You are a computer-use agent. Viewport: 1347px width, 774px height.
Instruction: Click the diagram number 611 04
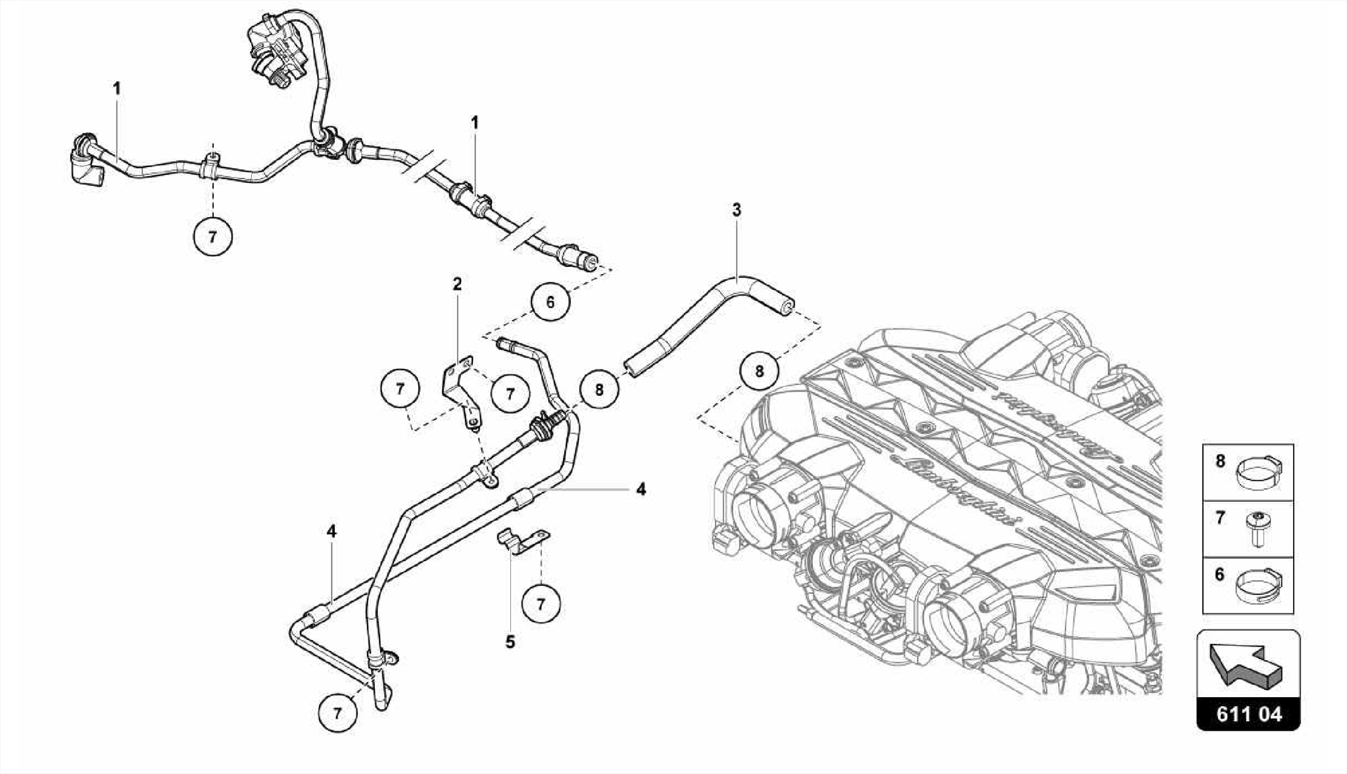tap(1248, 714)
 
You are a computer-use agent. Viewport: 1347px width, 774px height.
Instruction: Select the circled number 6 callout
tap(550, 302)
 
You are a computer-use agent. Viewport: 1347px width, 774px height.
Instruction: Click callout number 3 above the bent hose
tap(736, 210)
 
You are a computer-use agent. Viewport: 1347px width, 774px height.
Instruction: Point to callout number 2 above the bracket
tap(457, 284)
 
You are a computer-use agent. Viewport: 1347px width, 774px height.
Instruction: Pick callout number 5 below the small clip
tap(510, 641)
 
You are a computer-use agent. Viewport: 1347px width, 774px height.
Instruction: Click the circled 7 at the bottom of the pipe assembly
tap(337, 714)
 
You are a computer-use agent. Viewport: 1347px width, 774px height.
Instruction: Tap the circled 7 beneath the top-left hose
tap(212, 236)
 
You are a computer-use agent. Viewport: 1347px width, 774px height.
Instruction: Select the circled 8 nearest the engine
tap(759, 372)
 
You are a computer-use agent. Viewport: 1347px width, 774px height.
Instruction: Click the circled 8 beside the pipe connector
tap(599, 390)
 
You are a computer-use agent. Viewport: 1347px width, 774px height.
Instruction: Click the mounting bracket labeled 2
tap(459, 391)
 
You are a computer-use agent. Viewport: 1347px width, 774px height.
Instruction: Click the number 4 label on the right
tap(641, 489)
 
